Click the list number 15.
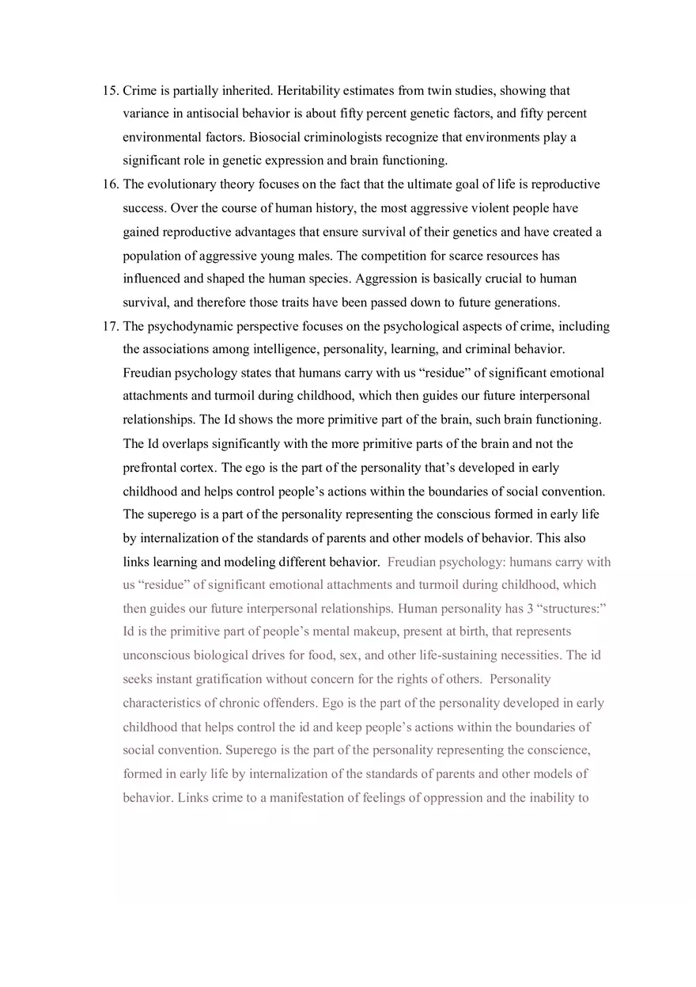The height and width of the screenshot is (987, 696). [110, 91]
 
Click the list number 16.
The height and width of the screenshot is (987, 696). [110, 184]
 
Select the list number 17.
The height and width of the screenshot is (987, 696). [110, 326]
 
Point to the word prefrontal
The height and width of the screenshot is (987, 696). [150, 468]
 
